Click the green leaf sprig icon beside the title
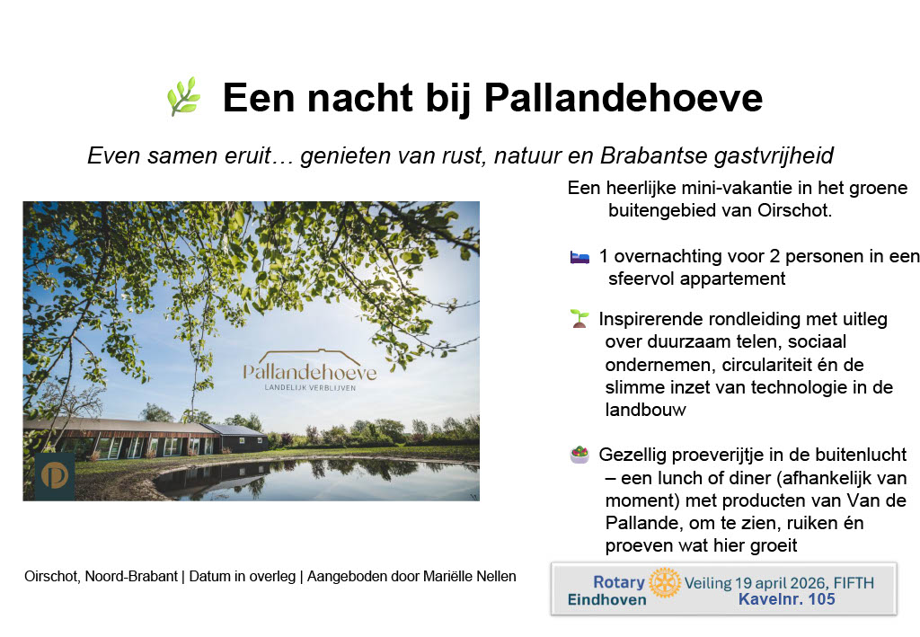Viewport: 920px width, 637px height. point(183,97)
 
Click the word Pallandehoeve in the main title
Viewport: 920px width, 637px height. point(624,97)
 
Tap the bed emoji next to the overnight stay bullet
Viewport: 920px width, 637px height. point(579,257)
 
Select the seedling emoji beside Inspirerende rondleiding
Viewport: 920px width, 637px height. point(579,318)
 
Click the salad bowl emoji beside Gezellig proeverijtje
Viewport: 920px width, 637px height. point(579,455)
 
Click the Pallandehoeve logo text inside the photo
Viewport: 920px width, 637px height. point(310,372)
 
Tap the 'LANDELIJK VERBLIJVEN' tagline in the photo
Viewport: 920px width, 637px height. point(310,388)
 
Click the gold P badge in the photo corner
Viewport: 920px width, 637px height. point(55,476)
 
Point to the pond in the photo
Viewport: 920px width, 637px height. point(317,479)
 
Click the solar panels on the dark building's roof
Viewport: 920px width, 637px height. point(236,430)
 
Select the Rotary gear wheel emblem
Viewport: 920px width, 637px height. point(665,582)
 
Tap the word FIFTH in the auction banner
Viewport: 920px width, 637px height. point(854,584)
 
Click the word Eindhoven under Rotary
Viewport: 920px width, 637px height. point(606,600)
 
